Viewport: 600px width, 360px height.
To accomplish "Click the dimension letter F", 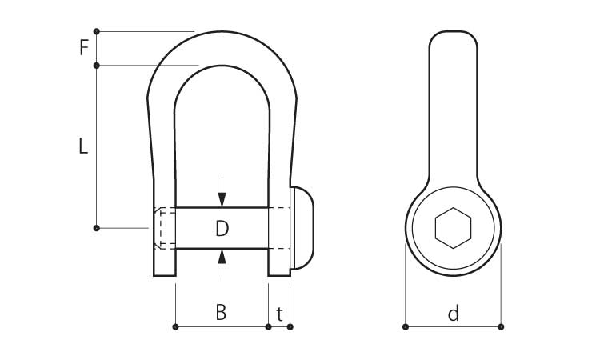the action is pyautogui.click(x=84, y=48).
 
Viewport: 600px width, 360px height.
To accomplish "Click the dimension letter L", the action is pyautogui.click(x=83, y=146).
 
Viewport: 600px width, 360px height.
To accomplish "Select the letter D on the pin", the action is pyautogui.click(x=222, y=228).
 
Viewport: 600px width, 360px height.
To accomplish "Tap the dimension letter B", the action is pyautogui.click(x=221, y=312).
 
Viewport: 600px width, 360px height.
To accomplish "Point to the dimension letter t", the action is pyautogui.click(x=280, y=314).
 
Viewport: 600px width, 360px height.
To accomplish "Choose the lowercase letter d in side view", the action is pyautogui.click(x=454, y=313).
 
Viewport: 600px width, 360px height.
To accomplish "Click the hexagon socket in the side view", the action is pyautogui.click(x=453, y=228).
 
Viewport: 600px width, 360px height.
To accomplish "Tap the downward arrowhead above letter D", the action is pyautogui.click(x=222, y=199).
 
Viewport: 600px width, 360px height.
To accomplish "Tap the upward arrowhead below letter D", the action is pyautogui.click(x=222, y=256).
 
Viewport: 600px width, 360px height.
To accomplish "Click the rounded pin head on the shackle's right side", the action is pyautogui.click(x=302, y=228).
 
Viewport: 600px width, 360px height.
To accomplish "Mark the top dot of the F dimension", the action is pyautogui.click(x=97, y=31).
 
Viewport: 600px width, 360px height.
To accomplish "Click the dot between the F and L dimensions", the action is pyautogui.click(x=97, y=66).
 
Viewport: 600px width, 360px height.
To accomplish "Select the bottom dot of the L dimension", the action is pyautogui.click(x=97, y=228).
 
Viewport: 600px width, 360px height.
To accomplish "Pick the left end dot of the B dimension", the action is pyautogui.click(x=176, y=326).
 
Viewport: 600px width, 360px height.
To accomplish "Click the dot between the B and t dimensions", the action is pyautogui.click(x=268, y=326).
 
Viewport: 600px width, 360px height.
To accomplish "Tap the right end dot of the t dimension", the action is pyautogui.click(x=290, y=326).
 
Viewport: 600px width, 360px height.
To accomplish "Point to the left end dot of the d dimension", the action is pyautogui.click(x=406, y=326).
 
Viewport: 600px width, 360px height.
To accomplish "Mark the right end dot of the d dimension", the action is pyautogui.click(x=501, y=326).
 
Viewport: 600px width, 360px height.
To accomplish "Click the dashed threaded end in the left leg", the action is pyautogui.click(x=165, y=228).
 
